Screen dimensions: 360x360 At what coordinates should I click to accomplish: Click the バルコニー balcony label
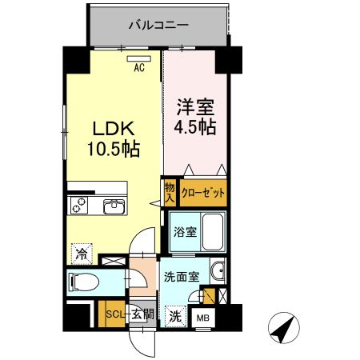(x=158, y=25)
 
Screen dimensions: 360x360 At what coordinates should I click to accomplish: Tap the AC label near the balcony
(x=138, y=68)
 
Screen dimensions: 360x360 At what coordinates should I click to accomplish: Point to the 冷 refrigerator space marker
(x=82, y=254)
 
